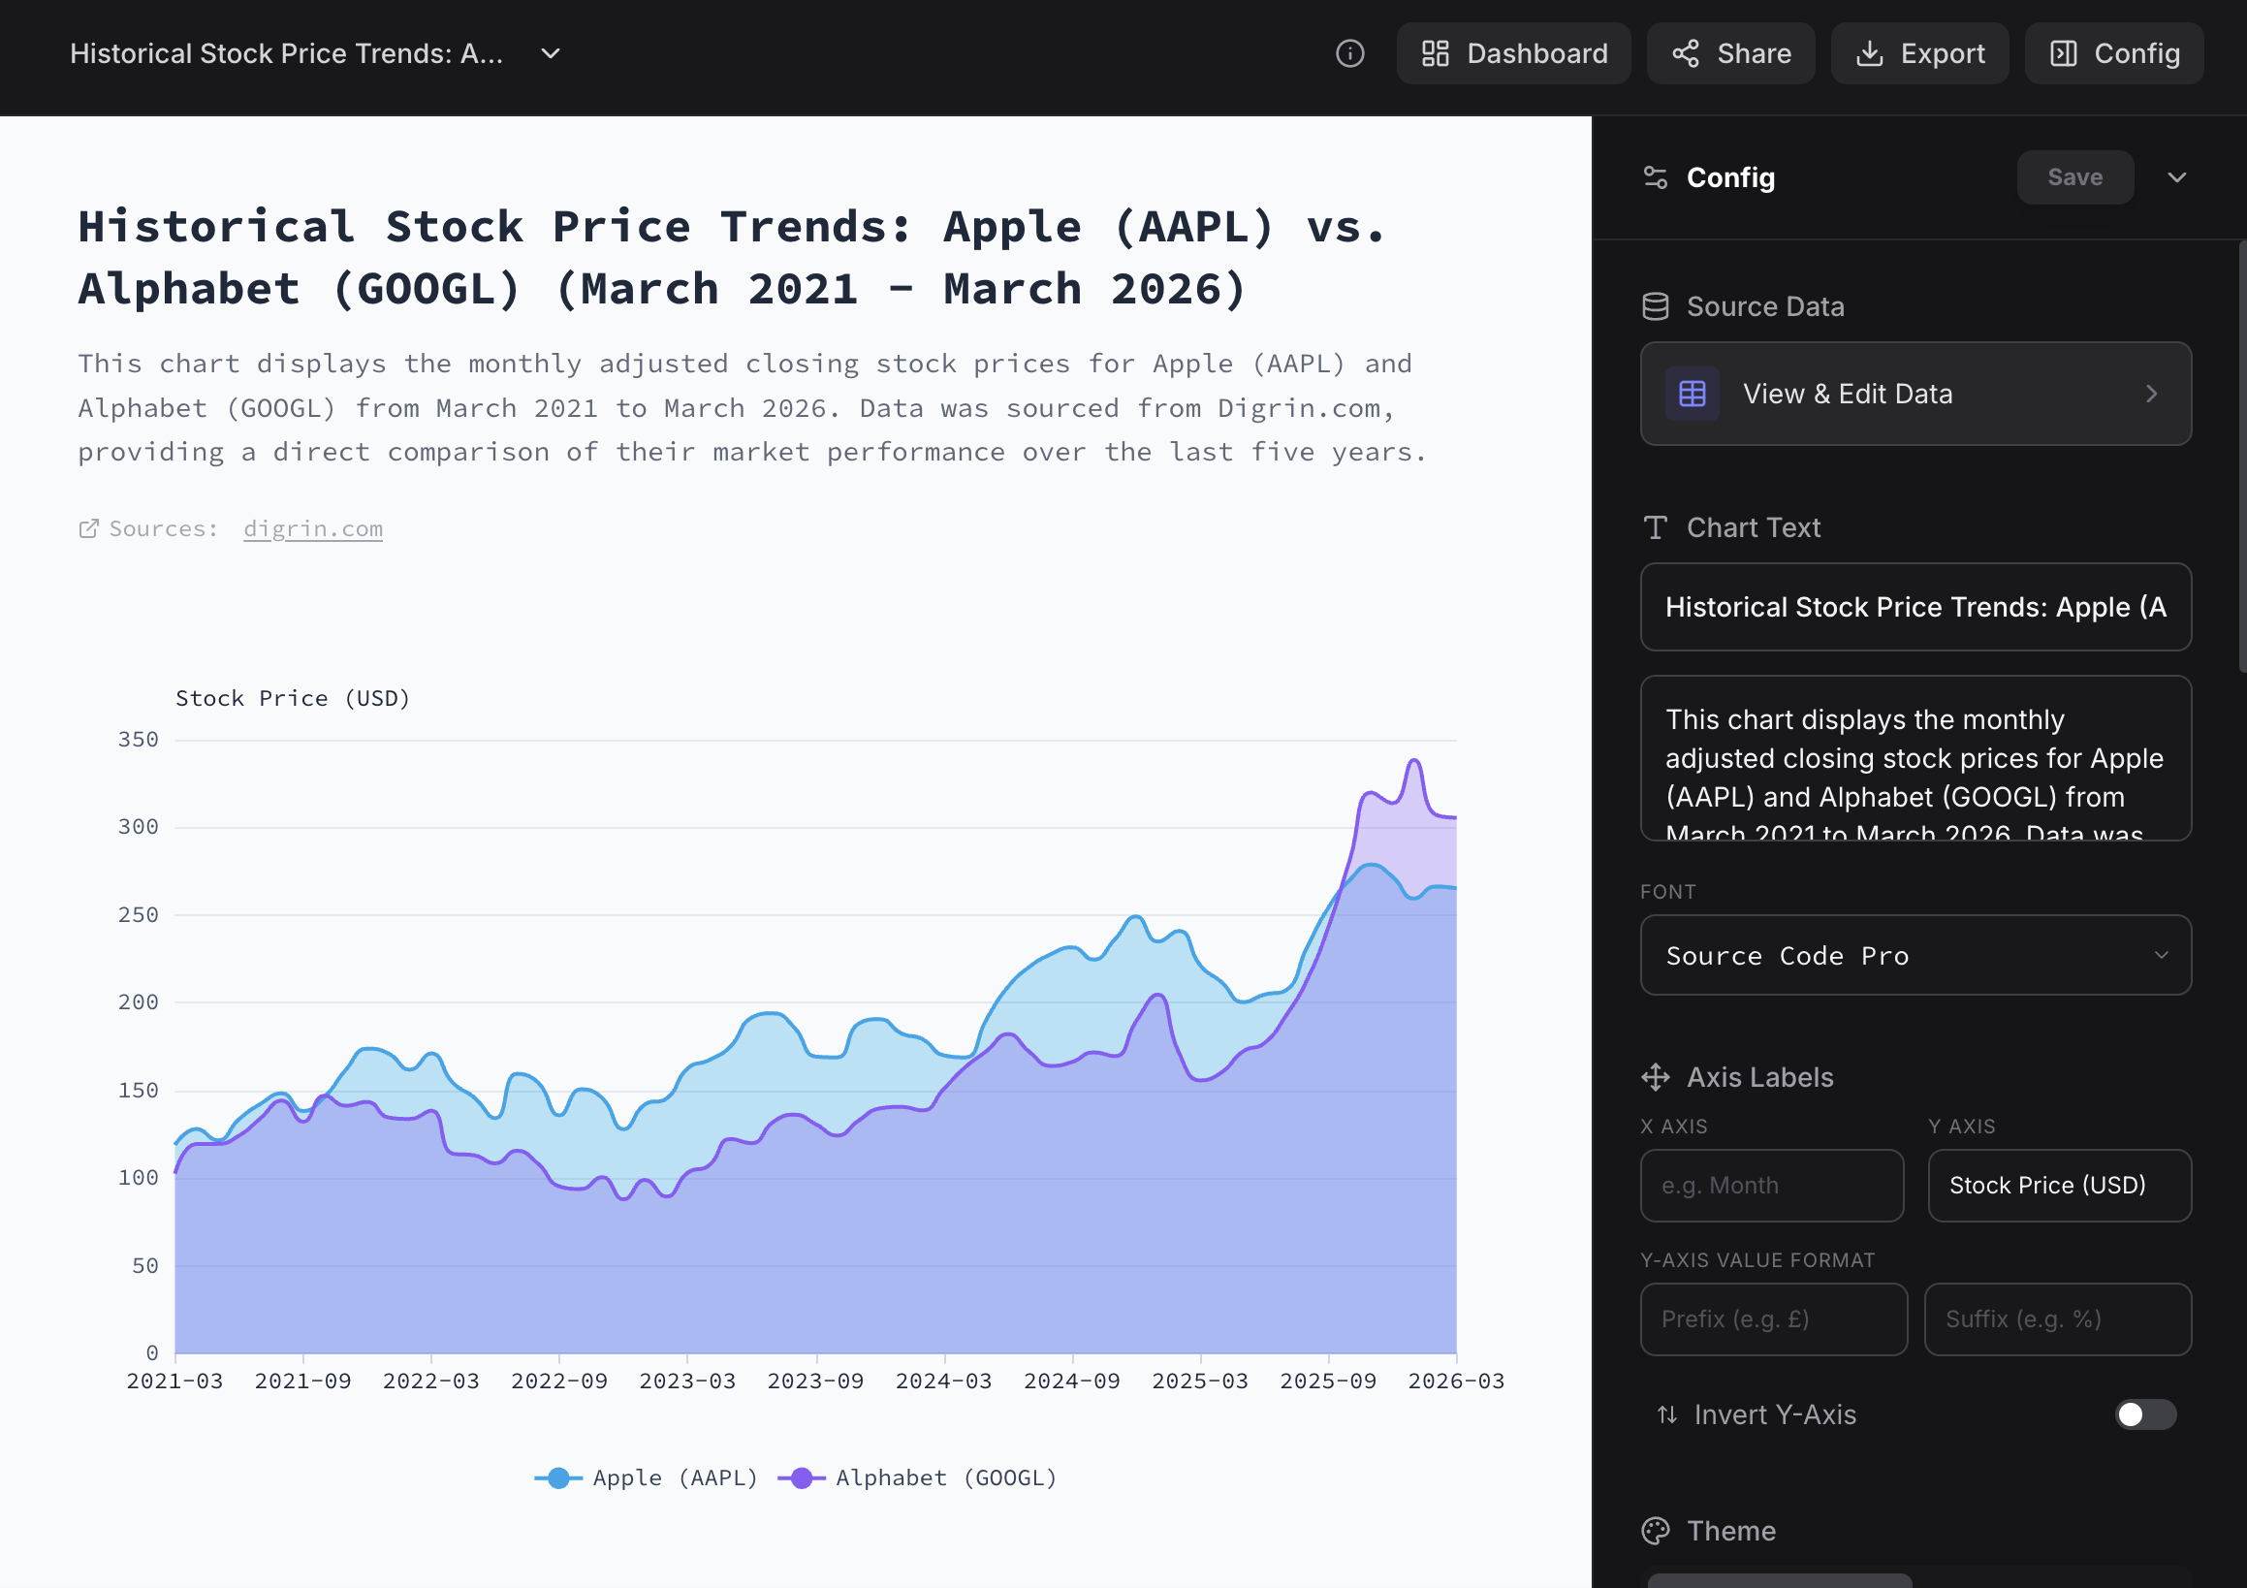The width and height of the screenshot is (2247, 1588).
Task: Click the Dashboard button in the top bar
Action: (x=1513, y=54)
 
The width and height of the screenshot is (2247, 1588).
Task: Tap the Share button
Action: (x=1730, y=54)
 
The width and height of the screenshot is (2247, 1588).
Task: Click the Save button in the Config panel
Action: (x=2073, y=177)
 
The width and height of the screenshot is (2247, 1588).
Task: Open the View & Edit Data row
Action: (x=1915, y=394)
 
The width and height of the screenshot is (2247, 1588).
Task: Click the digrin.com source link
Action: (x=313, y=528)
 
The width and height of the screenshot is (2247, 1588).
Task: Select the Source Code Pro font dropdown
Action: (x=1915, y=956)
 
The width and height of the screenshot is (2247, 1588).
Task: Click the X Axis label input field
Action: (x=1771, y=1186)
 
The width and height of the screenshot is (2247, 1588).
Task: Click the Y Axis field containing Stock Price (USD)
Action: (x=2058, y=1186)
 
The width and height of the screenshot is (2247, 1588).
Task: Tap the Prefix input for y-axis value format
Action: (x=1772, y=1319)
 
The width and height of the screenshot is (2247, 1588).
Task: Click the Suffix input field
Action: (x=2057, y=1319)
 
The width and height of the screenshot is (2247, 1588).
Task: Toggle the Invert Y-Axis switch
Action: (x=2144, y=1414)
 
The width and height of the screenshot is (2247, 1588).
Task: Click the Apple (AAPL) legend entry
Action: (x=647, y=1477)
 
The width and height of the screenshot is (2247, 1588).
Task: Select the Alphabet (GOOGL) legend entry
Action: (x=918, y=1477)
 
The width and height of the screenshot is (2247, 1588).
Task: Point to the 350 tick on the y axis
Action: (x=139, y=740)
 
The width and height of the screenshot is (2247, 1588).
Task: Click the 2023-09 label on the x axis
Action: (x=815, y=1382)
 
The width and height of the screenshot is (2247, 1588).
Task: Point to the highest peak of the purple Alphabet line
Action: (x=1414, y=761)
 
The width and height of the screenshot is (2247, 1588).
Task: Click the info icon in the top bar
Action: (x=1349, y=54)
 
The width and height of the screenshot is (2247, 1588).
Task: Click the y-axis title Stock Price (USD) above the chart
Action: (x=293, y=698)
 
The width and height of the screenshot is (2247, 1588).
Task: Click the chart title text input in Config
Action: (x=1915, y=607)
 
